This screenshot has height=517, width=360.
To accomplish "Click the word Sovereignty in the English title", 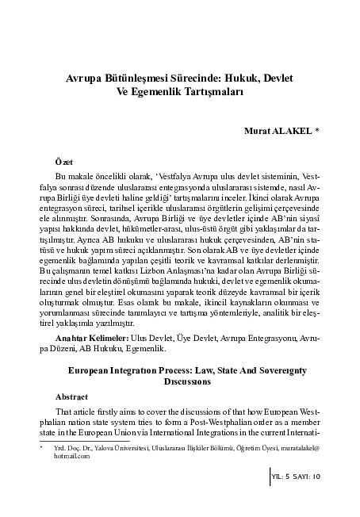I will (265, 370).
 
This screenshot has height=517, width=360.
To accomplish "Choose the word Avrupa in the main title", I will (85, 79).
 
